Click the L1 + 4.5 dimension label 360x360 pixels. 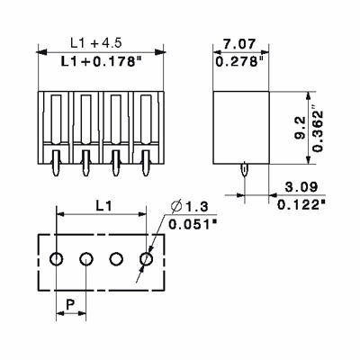[97, 42]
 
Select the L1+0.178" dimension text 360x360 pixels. [97, 61]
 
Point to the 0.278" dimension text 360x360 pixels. [241, 61]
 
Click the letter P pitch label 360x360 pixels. [71, 304]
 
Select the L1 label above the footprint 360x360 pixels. [103, 205]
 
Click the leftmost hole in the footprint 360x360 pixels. [57, 260]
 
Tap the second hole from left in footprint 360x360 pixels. [86, 260]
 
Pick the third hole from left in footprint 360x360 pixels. [117, 260]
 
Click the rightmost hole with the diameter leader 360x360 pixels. [147, 260]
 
